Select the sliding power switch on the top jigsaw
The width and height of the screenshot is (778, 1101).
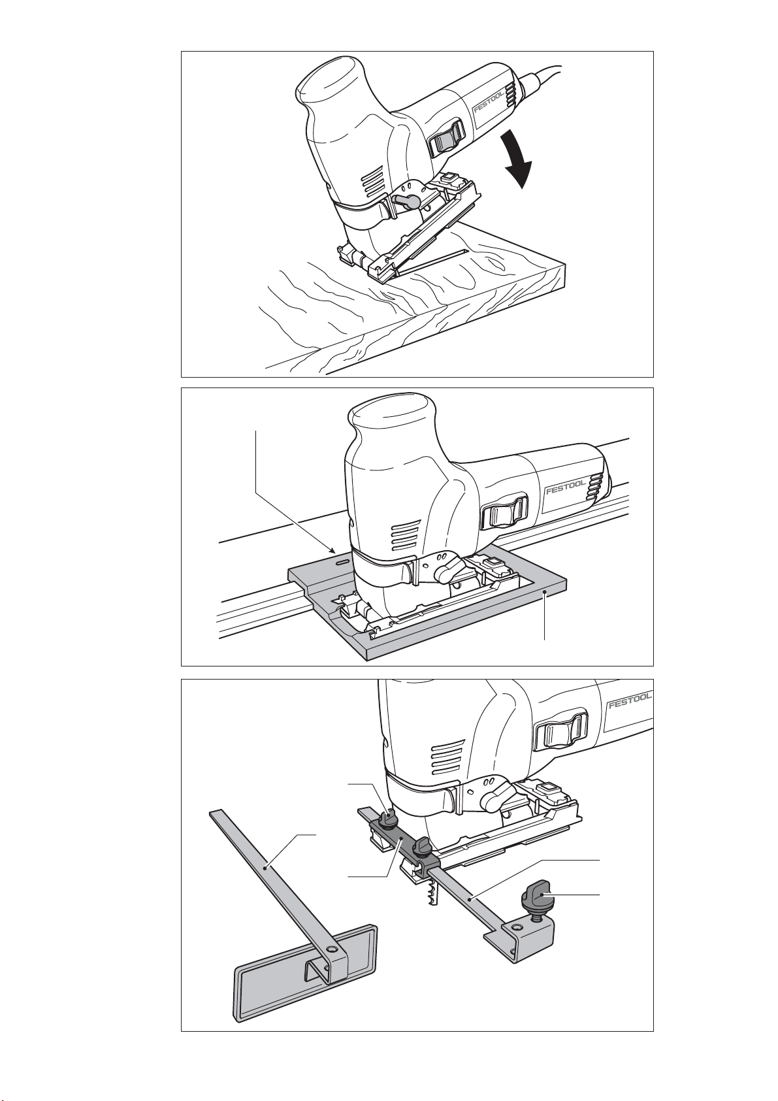(x=447, y=140)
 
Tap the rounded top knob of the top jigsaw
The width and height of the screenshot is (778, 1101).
(x=331, y=82)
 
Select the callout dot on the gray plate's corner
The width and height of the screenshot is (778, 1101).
(x=545, y=594)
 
